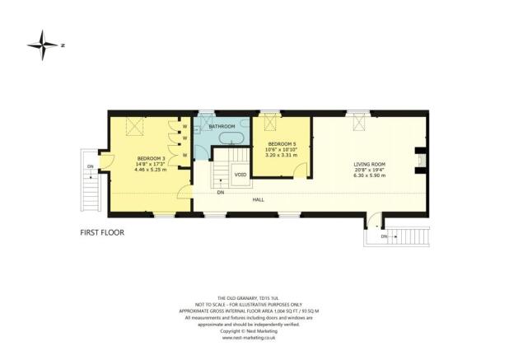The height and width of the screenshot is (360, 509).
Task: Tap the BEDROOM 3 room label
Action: coord(151,157)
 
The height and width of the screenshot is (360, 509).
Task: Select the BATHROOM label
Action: coord(222,126)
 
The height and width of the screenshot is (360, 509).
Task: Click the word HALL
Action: coord(259,199)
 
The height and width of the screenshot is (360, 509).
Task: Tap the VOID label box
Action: coord(240,175)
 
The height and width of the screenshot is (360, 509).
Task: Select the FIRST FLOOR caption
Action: coord(102,233)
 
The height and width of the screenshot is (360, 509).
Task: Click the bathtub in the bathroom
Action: coord(228,138)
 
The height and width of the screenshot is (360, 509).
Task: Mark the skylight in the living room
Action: coord(358,123)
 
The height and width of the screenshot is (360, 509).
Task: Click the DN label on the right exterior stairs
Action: coord(385,236)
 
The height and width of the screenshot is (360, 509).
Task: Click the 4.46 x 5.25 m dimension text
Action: coord(151,169)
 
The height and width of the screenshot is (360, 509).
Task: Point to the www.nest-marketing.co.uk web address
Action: coord(254,337)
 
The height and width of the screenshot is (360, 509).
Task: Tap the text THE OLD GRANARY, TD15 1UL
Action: coord(254,297)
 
